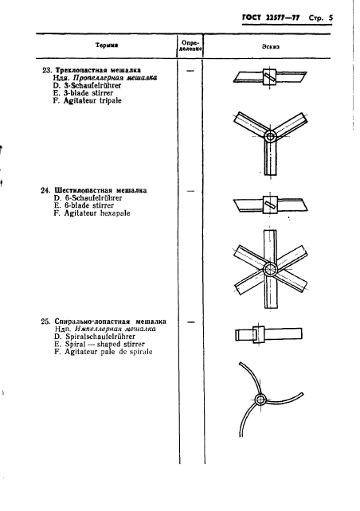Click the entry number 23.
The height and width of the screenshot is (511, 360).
point(45,69)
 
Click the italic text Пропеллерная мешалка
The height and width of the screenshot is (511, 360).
point(115,78)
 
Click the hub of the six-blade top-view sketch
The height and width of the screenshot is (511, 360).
point(270,270)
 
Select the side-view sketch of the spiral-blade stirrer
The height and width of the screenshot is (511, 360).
point(258,334)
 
